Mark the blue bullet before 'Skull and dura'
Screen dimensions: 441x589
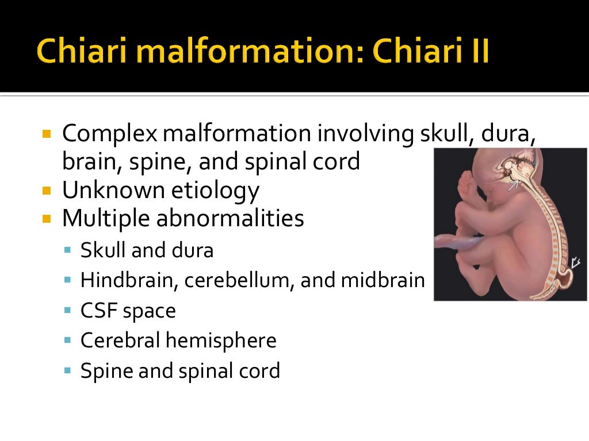(x=68, y=250)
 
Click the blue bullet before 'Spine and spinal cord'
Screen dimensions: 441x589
(x=68, y=371)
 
